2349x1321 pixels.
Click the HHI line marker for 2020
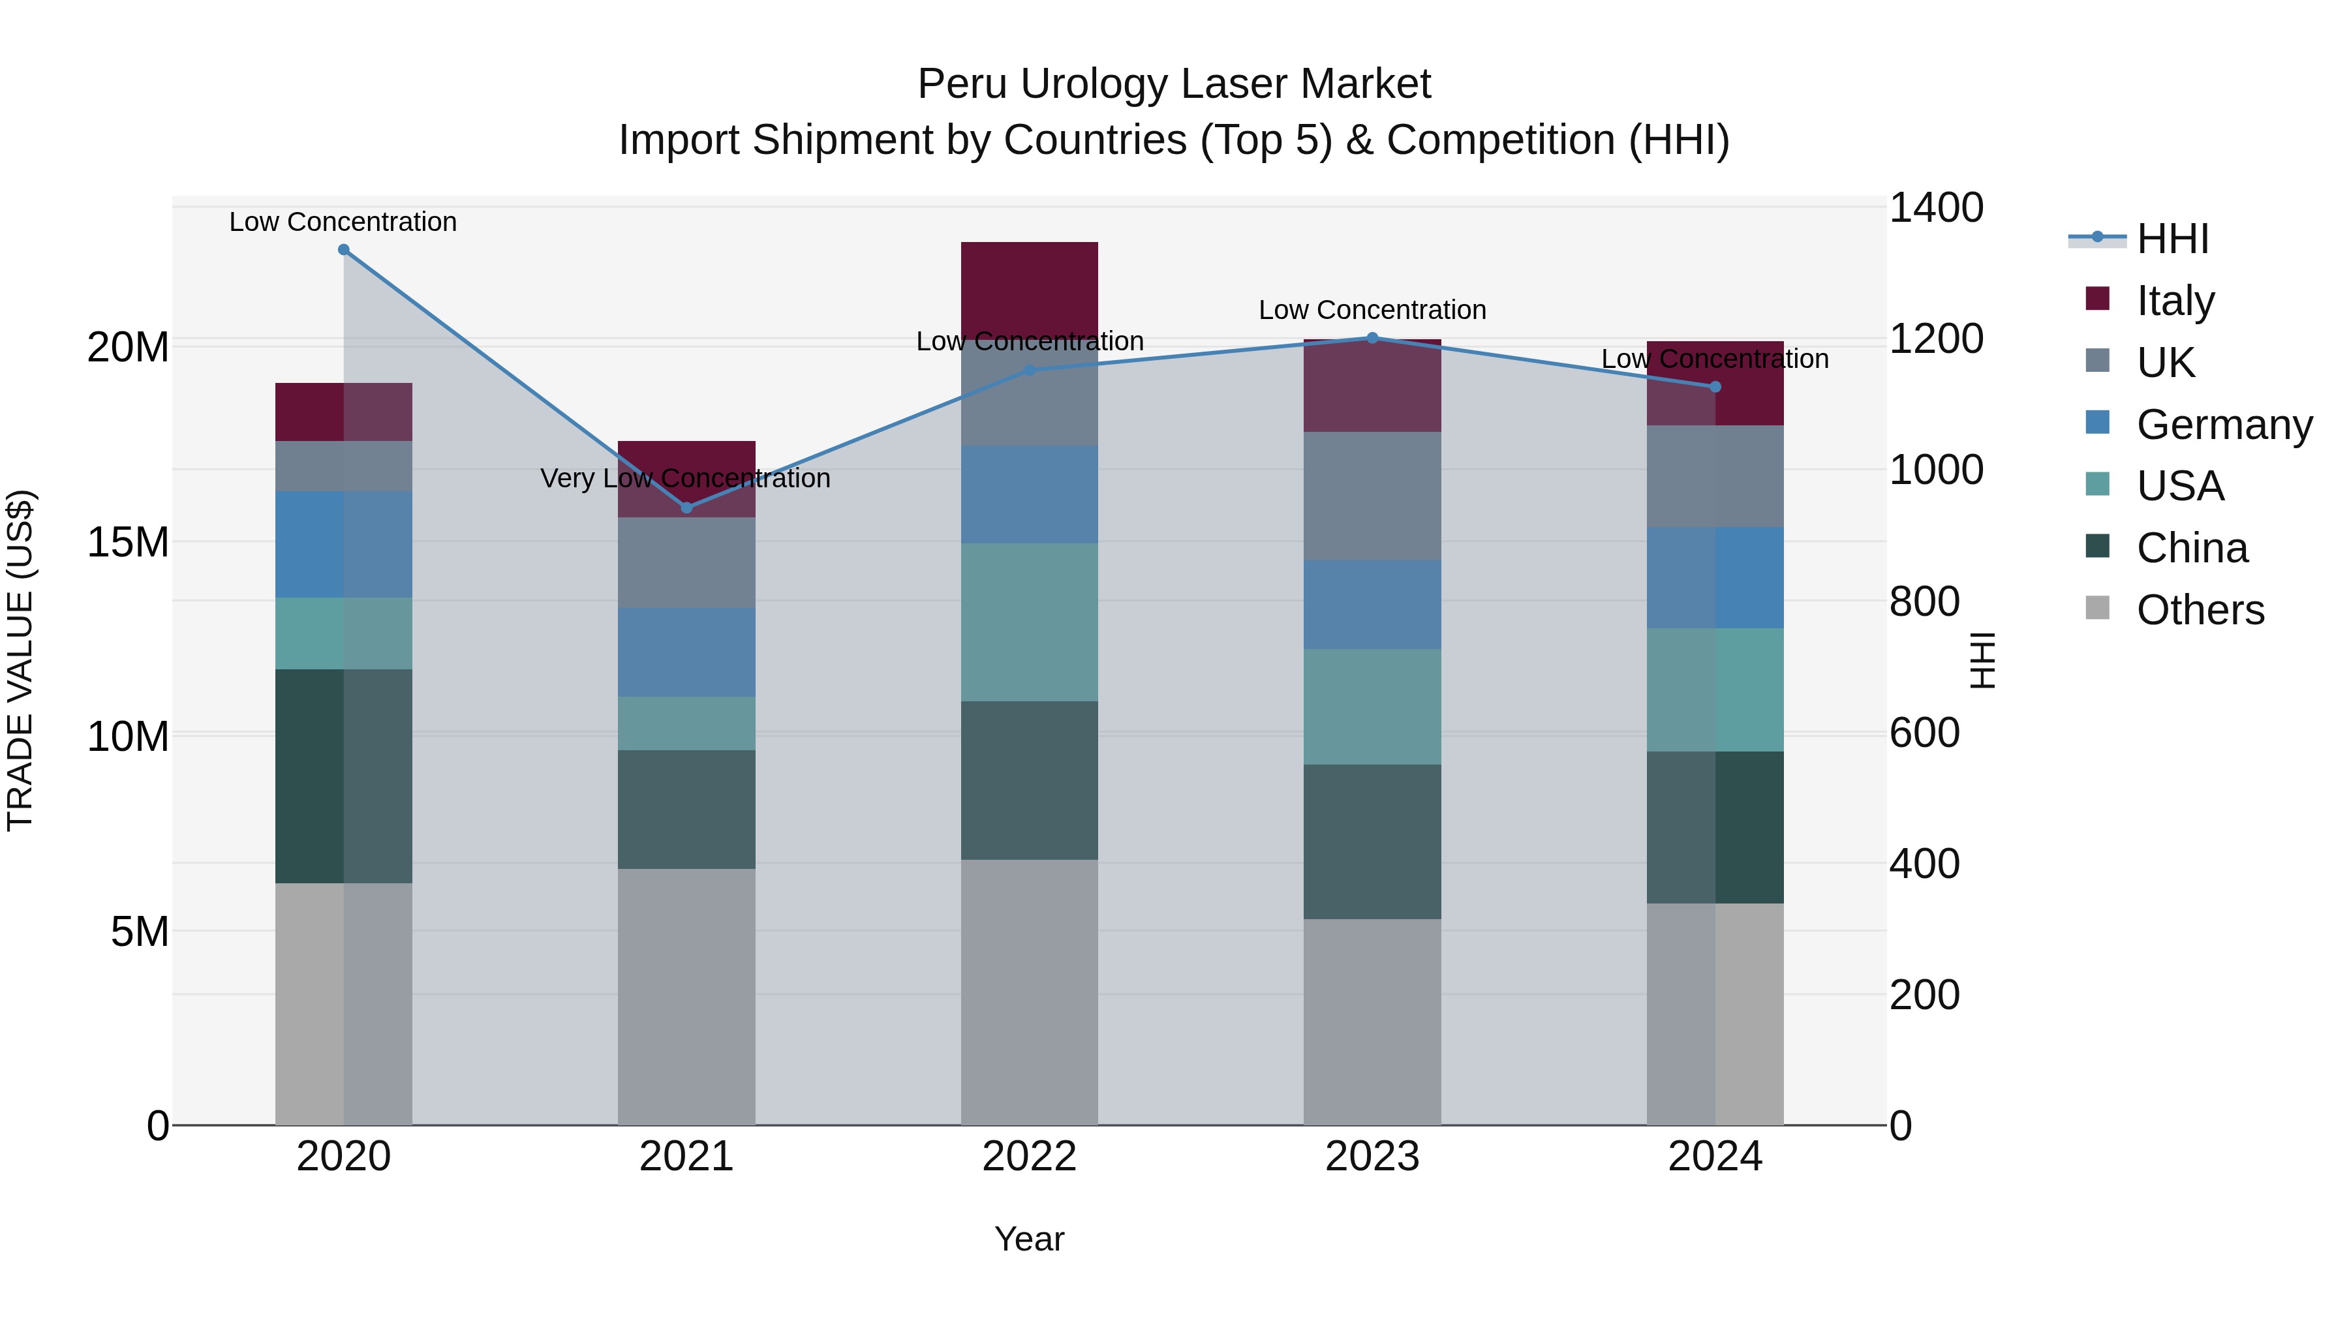coord(344,250)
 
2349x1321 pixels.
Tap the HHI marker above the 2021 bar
coord(686,508)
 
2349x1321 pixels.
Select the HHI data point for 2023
coord(1372,338)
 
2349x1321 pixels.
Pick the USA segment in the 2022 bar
coord(1030,623)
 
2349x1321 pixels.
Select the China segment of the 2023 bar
coord(1372,842)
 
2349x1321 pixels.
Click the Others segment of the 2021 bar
coord(686,996)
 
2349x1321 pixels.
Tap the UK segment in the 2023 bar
coord(1372,496)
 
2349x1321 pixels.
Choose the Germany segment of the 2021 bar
coord(686,653)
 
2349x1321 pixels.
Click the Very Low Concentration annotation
coord(685,479)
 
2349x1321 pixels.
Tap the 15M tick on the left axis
coord(128,543)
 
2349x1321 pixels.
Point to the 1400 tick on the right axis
coord(1936,208)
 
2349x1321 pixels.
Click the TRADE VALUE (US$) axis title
coord(20,660)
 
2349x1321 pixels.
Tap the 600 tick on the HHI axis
coord(1924,733)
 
